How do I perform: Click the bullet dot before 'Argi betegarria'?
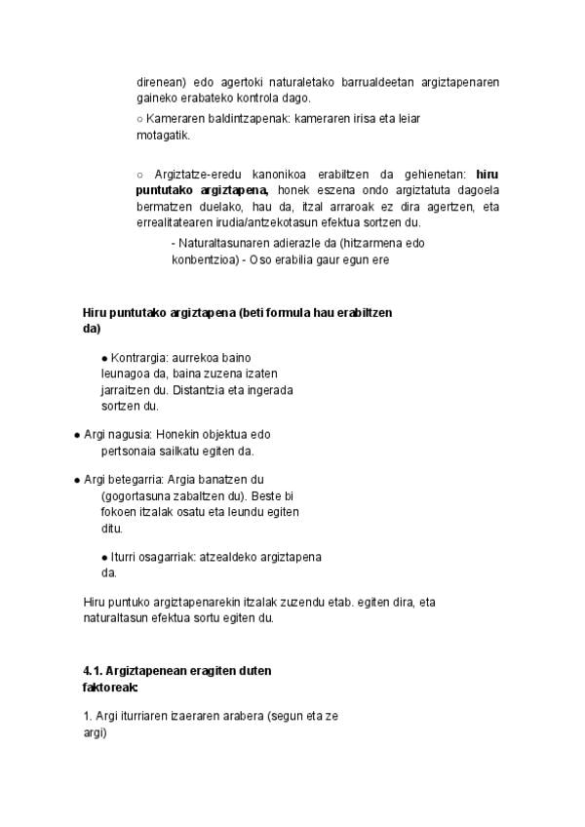tap(77, 480)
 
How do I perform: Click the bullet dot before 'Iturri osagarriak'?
tap(104, 557)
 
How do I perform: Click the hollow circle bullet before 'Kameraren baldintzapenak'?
tap(140, 119)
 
